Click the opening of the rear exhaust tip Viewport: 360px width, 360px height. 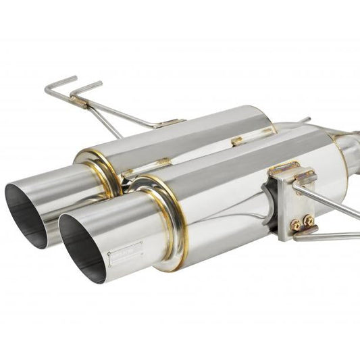click(26, 206)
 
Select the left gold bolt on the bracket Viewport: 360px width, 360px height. click(294, 222)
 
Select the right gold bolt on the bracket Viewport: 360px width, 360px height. click(309, 219)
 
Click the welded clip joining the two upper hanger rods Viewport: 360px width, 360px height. click(78, 102)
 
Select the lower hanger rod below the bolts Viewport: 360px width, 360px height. click(331, 236)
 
